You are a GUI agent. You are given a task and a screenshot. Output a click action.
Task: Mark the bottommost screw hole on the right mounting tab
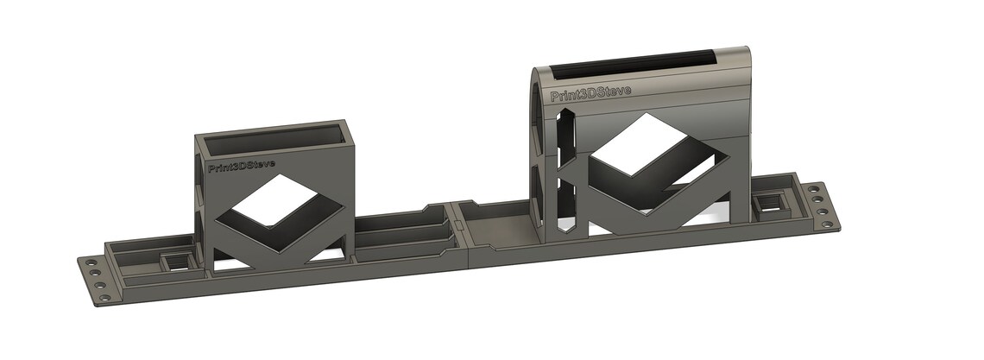[823, 221]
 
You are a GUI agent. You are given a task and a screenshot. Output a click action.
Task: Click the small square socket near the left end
[175, 260]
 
